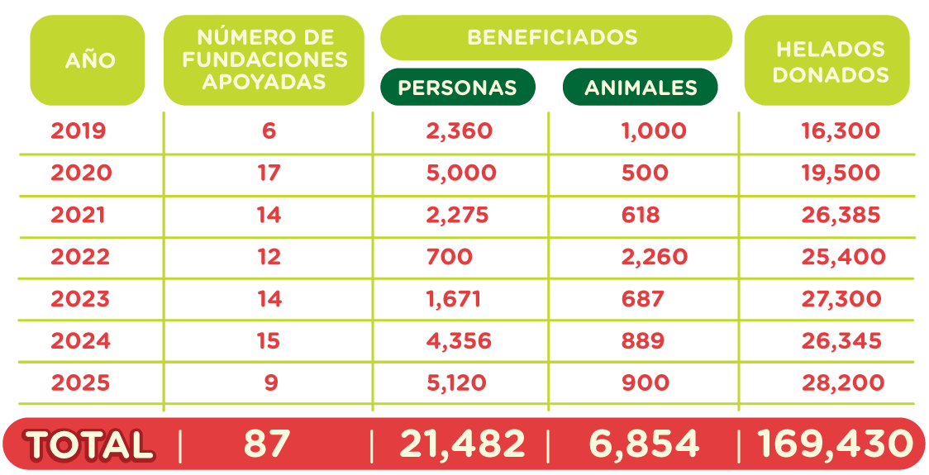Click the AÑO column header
[x=89, y=60]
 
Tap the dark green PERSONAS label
[x=457, y=88]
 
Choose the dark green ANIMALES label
[x=641, y=88]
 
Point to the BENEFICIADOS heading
[x=552, y=37]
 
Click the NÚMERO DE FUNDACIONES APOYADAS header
[x=264, y=59]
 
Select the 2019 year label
[x=79, y=131]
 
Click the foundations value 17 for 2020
[x=269, y=173]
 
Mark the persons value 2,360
[x=460, y=131]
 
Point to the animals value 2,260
[x=654, y=257]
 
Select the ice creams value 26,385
[x=841, y=215]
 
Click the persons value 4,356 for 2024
[x=460, y=341]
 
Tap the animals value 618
[x=641, y=215]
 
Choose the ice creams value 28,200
[x=842, y=383]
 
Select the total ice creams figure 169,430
[x=835, y=444]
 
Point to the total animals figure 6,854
[x=644, y=444]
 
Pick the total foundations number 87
[x=266, y=444]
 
